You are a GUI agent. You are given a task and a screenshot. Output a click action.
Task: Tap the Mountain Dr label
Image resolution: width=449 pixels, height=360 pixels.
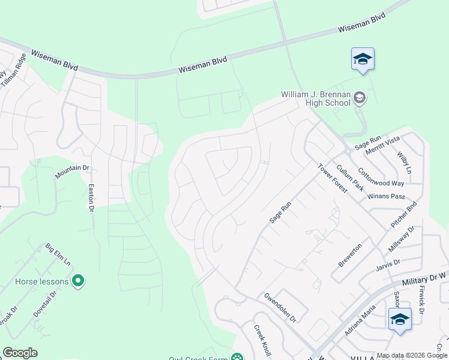tap(72, 172)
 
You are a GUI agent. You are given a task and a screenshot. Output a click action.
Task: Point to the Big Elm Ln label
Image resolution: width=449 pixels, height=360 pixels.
tap(58, 254)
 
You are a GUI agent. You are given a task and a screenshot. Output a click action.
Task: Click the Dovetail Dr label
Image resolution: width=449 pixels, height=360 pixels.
tap(45, 304)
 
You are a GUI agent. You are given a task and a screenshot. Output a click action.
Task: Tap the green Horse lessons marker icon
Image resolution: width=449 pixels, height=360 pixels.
tap(77, 280)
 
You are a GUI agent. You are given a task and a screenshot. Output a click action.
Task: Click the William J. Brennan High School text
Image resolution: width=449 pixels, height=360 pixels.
tap(316, 99)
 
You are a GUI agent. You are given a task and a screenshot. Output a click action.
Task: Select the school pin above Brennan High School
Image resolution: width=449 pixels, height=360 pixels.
tap(363, 59)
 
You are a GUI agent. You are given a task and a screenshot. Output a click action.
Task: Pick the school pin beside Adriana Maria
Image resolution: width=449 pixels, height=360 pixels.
tap(399, 319)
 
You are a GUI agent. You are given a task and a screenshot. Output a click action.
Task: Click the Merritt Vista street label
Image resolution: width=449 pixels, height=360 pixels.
tap(383, 148)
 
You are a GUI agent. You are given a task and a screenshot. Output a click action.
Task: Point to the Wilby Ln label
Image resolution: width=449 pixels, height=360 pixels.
tap(404, 162)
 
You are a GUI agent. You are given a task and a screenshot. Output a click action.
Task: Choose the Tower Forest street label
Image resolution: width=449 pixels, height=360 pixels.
tap(332, 178)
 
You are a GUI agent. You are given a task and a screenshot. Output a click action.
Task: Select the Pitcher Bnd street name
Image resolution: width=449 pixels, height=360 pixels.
tap(404, 214)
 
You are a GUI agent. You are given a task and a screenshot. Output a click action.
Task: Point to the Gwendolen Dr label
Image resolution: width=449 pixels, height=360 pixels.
tap(280, 307)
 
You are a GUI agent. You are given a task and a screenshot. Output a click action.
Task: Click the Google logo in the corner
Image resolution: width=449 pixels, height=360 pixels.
tap(20, 353)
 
